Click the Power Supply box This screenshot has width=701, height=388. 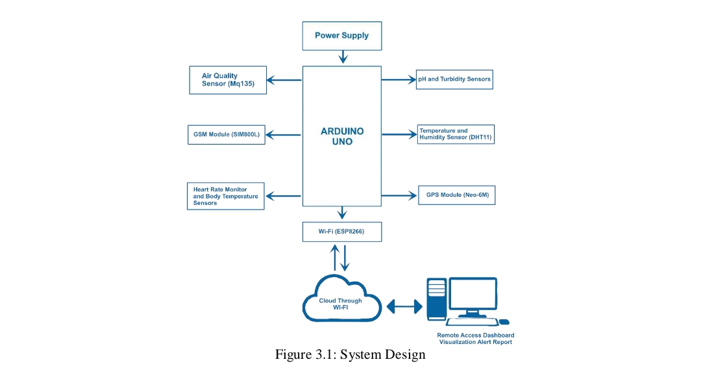(x=341, y=36)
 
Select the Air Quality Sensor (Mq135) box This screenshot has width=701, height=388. (x=228, y=80)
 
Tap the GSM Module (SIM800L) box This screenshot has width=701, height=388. (x=226, y=134)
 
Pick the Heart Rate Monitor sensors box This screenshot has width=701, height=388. (x=225, y=196)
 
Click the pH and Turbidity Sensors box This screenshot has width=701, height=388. (x=454, y=79)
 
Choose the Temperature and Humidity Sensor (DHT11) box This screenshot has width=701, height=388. (x=455, y=134)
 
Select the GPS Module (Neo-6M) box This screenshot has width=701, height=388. (x=456, y=195)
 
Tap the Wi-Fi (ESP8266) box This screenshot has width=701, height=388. (x=341, y=232)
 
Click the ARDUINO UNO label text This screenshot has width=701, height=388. (x=342, y=136)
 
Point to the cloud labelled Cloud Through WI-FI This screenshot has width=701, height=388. (x=341, y=300)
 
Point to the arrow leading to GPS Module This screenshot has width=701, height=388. (x=399, y=195)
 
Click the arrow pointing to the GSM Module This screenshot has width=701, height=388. (x=284, y=135)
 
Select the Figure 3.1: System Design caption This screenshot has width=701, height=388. (x=350, y=355)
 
